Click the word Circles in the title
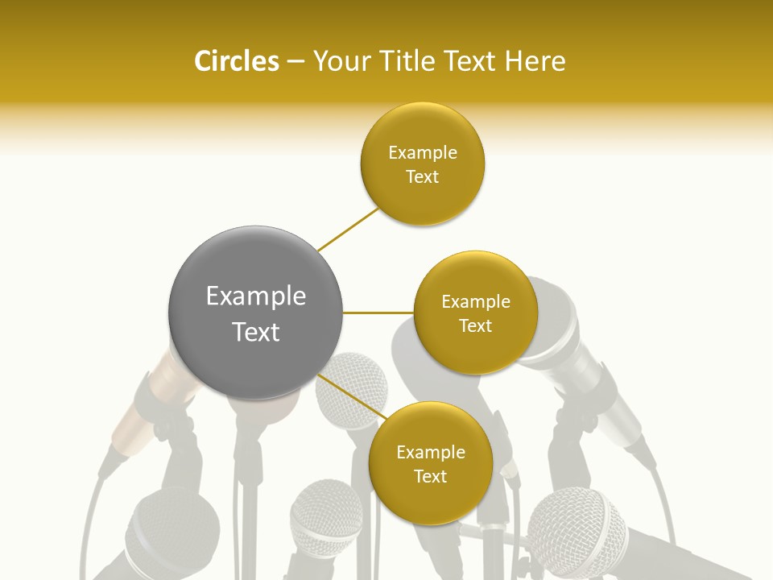236,61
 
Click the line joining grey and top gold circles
348,229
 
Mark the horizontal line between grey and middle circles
378,313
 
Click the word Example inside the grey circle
256,296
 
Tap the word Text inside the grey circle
256,332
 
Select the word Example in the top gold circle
423,153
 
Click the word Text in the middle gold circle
476,326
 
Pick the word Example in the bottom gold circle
431,453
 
